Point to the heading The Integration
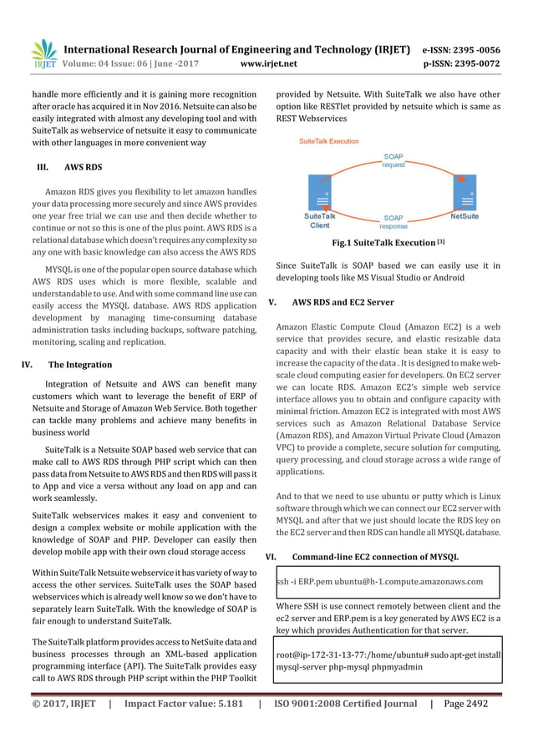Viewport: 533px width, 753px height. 80,365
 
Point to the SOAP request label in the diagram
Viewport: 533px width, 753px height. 393,160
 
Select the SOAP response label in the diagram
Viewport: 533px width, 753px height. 393,222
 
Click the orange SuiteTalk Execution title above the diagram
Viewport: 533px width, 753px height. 329,142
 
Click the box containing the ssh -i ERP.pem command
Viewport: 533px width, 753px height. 387,581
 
